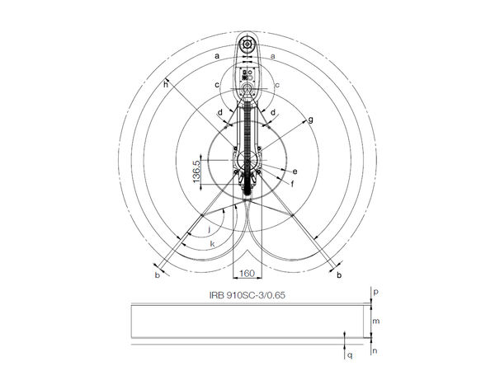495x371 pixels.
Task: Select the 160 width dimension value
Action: coord(246,273)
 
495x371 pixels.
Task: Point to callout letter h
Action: coord(165,84)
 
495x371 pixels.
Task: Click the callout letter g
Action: coord(310,120)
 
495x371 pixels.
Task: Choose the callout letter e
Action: coord(294,171)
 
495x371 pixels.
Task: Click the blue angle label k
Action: coord(212,244)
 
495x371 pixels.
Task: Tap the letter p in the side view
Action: coord(375,292)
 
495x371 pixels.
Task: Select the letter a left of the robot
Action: coord(216,55)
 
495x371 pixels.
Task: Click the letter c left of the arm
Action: coord(216,85)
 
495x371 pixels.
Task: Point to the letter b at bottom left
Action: coord(158,275)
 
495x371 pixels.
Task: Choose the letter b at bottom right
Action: coord(338,274)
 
